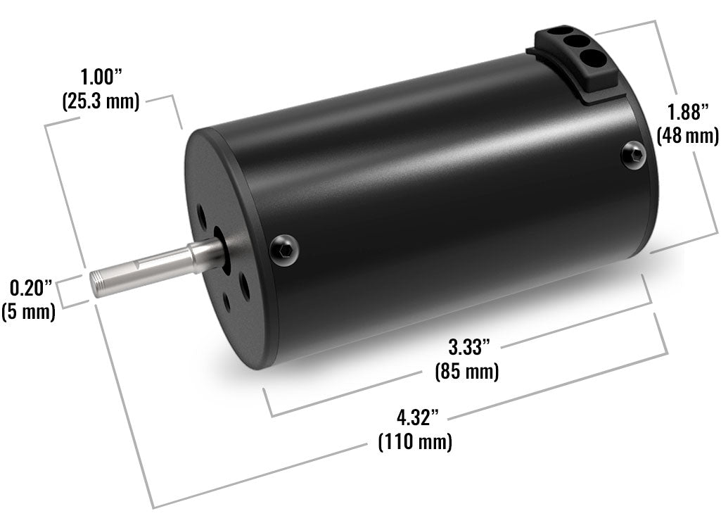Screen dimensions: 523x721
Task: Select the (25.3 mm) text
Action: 101,100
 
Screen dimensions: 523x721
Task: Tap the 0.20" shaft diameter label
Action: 31,288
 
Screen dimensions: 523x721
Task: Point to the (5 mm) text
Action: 29,310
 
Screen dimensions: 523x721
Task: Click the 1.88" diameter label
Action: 687,111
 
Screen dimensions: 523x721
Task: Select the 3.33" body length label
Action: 468,347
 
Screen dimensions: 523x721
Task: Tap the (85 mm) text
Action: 467,370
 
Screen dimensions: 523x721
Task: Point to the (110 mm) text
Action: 415,442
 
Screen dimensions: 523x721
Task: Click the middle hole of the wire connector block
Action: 577,43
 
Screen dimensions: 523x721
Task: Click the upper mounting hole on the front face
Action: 202,212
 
